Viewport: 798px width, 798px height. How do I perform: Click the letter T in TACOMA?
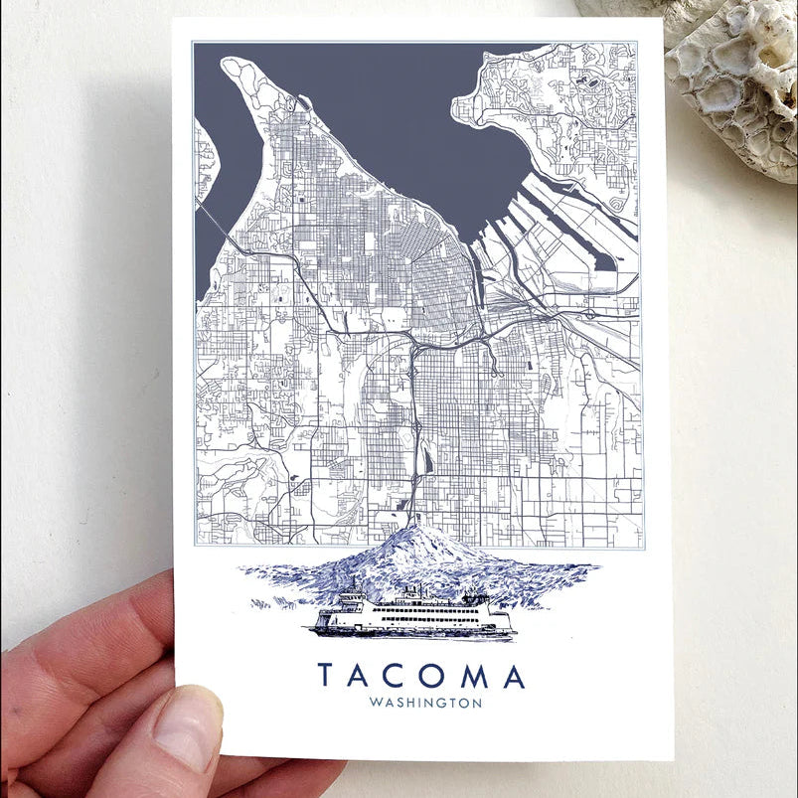click(x=326, y=676)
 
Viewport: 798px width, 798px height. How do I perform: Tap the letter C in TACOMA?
click(x=399, y=676)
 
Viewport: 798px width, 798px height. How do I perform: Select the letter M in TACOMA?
click(x=474, y=676)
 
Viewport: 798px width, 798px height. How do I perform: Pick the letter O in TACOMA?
click(x=435, y=676)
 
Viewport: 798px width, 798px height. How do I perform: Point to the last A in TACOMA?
click(x=513, y=676)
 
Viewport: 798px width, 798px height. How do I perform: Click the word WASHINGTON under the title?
click(x=424, y=704)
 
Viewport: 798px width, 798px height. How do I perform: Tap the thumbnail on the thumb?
click(x=186, y=727)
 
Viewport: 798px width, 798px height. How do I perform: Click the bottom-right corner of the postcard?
click(x=672, y=759)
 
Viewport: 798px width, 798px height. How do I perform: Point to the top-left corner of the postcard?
click(x=173, y=20)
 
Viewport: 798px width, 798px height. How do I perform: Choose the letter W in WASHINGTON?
click(x=374, y=704)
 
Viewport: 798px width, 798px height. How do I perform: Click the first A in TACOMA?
click(x=362, y=676)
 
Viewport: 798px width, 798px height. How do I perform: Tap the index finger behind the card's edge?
click(x=109, y=616)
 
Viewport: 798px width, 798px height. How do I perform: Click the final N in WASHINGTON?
click(x=478, y=704)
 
